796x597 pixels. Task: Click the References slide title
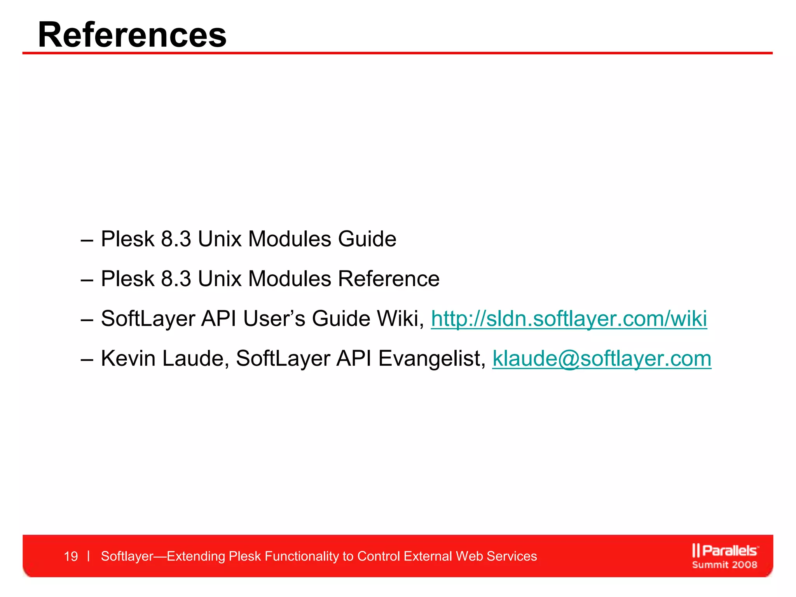pos(132,35)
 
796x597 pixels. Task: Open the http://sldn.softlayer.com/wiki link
pos(569,319)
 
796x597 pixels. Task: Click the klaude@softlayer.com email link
pos(602,358)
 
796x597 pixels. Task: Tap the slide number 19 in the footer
pos(71,556)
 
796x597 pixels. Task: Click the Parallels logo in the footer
pos(725,550)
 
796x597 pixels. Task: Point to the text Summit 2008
pos(724,565)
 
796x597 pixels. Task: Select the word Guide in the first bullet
pos(367,239)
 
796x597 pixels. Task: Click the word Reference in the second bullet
pos(389,279)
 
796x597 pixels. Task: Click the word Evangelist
pos(431,358)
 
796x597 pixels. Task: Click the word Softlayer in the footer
pos(127,556)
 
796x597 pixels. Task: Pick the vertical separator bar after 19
pos(89,556)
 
